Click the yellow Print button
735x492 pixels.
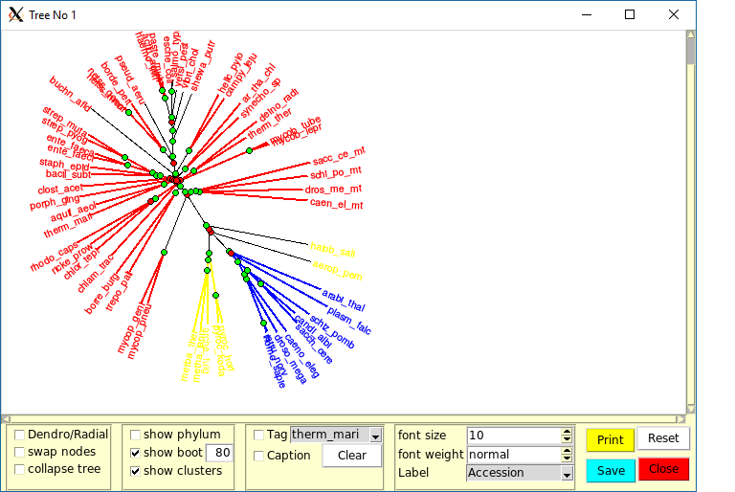pos(610,440)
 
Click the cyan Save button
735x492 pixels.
pos(610,470)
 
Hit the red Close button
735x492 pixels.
pos(663,469)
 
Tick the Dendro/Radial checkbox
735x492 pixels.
pos(20,435)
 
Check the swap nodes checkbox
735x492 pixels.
pos(20,452)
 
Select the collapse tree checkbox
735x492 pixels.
pos(20,469)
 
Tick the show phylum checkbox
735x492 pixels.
pos(135,435)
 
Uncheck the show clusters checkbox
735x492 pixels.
pos(135,471)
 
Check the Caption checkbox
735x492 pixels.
pos(258,456)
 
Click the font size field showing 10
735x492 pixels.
pos(512,436)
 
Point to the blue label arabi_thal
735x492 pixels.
pos(343,301)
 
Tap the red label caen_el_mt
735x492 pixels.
pos(337,204)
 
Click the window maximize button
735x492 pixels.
pos(629,14)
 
